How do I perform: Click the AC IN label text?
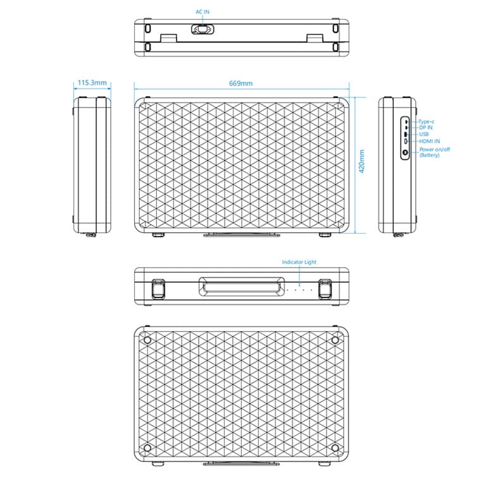pos(203,12)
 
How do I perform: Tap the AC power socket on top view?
pos(203,28)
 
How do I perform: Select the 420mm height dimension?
pos(361,164)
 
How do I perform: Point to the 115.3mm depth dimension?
pos(92,83)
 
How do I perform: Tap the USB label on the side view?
pos(424,134)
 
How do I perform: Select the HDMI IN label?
pos(430,141)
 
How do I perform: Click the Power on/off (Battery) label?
pos(434,152)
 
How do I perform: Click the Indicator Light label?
pos(299,261)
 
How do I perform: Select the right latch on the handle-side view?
pos(326,288)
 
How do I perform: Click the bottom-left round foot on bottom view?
pos(147,448)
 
